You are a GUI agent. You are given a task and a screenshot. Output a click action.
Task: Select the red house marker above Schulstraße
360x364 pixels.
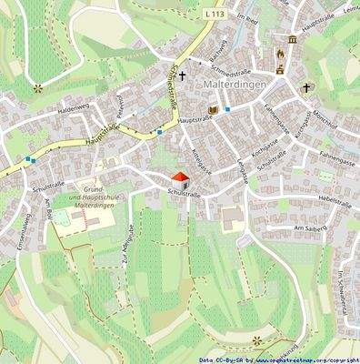(180, 178)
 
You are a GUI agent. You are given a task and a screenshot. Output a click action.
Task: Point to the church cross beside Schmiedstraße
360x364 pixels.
(182, 76)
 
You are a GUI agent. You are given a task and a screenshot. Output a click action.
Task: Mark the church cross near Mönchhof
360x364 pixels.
(306, 88)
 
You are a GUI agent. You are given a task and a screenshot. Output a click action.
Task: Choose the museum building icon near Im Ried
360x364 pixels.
(293, 41)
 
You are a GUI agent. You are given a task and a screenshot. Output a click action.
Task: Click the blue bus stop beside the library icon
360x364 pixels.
(227, 109)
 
